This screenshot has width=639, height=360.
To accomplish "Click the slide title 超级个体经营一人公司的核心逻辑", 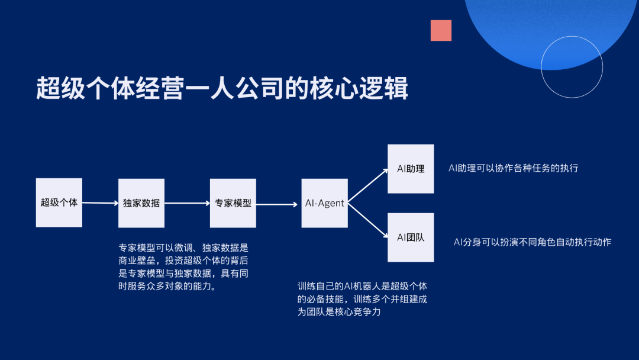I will pos(222,89).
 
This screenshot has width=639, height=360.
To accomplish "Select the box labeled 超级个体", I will pos(59,202).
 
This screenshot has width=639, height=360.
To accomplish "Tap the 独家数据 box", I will pos(141,203).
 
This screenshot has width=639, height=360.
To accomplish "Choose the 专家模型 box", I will pos(233,203).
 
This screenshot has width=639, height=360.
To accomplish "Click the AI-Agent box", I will pos(324,203).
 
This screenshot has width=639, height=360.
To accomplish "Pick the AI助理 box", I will pos(411,169).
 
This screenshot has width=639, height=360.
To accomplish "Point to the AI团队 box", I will pos(411,237).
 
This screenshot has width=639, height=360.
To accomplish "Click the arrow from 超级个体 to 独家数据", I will pos(100,203).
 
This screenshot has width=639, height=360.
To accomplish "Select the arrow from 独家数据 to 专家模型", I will pos(187,203).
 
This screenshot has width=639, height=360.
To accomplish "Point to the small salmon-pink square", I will pos(441,30).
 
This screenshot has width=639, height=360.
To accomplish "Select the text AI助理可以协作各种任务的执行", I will pos(513,168).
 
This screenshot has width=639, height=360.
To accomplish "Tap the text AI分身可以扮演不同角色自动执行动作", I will pos(532,242).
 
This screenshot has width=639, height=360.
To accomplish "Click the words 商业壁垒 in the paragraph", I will pos(138,261).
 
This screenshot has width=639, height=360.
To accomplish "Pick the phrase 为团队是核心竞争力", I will pos(338,312).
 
